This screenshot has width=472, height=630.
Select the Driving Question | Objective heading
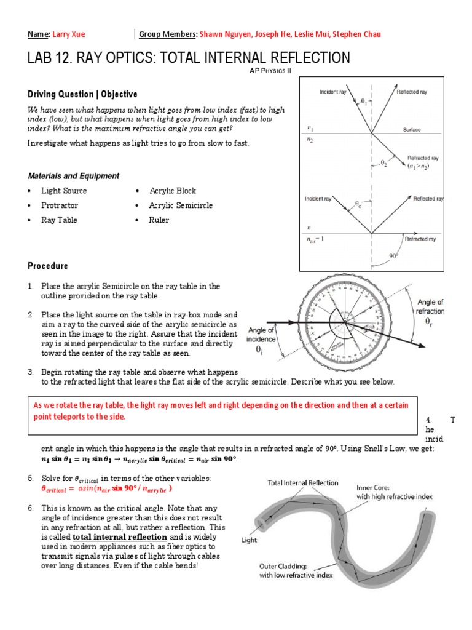click(x=82, y=94)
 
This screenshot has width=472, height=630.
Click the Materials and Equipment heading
click(x=73, y=176)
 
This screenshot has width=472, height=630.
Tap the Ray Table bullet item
click(x=59, y=220)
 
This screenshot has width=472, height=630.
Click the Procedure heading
click(x=48, y=266)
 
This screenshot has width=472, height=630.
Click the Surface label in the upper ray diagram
click(x=412, y=130)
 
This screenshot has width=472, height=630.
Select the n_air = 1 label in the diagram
click(x=315, y=238)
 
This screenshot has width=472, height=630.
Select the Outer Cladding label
click(x=294, y=570)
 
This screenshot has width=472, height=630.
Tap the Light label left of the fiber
click(x=250, y=540)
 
